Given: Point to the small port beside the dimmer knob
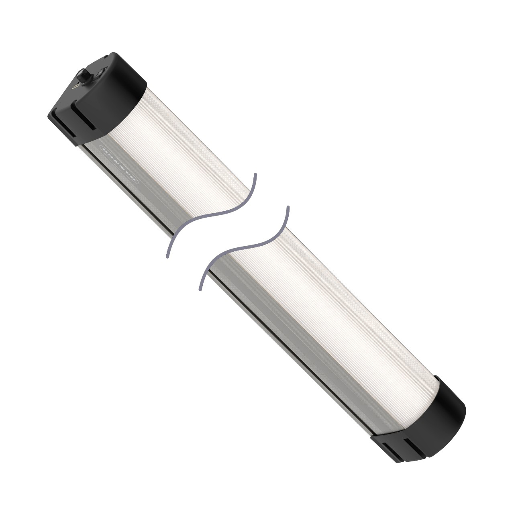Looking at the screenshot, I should pyautogui.click(x=75, y=86).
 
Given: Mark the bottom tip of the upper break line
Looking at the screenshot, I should pyautogui.click(x=167, y=256).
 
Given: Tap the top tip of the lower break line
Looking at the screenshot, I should pyautogui.click(x=288, y=207).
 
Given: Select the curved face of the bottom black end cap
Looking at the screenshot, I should pyautogui.click(x=442, y=414).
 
